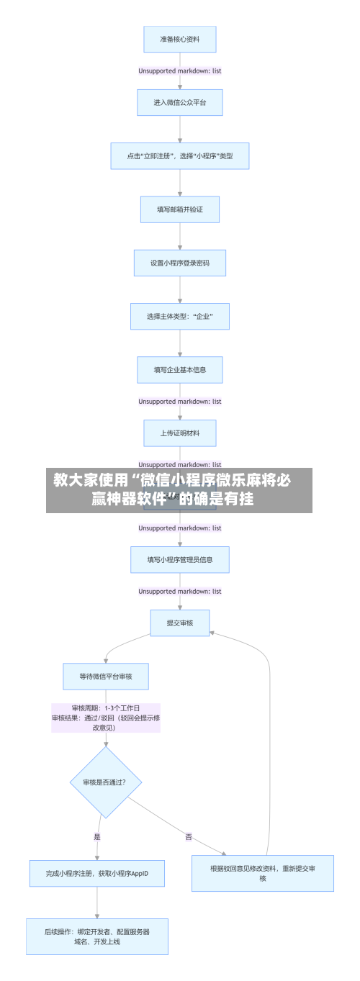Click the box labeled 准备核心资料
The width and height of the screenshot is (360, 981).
pyautogui.click(x=179, y=39)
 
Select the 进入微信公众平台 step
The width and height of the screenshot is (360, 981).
pyautogui.click(x=179, y=102)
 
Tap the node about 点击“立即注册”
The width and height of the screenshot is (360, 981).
pyautogui.click(x=179, y=155)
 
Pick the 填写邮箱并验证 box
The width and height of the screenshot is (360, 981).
pyautogui.click(x=179, y=209)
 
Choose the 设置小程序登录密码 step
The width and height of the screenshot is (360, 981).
pyautogui.click(x=179, y=263)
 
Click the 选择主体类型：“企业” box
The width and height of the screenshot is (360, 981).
pyautogui.click(x=179, y=316)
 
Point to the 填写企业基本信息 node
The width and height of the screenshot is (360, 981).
pyautogui.click(x=179, y=370)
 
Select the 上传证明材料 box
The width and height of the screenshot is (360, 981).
pyautogui.click(x=179, y=433)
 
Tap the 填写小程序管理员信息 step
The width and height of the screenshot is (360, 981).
pyautogui.click(x=179, y=559)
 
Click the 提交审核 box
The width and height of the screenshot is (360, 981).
pyautogui.click(x=179, y=623)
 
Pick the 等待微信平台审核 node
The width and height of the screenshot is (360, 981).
pyautogui.click(x=106, y=676)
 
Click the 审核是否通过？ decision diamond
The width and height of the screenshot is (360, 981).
pyautogui.click(x=106, y=782)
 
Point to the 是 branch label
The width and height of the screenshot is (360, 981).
pyautogui.click(x=97, y=836)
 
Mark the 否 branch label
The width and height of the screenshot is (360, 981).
pyautogui.click(x=189, y=836)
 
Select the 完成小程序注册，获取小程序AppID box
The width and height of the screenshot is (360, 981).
pyautogui.click(x=97, y=873)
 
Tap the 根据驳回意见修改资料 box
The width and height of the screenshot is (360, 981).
pyautogui.click(x=262, y=873)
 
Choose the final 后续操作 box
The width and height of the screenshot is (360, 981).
pyautogui.click(x=97, y=936)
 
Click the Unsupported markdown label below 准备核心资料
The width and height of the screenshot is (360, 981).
pyautogui.click(x=179, y=71)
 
